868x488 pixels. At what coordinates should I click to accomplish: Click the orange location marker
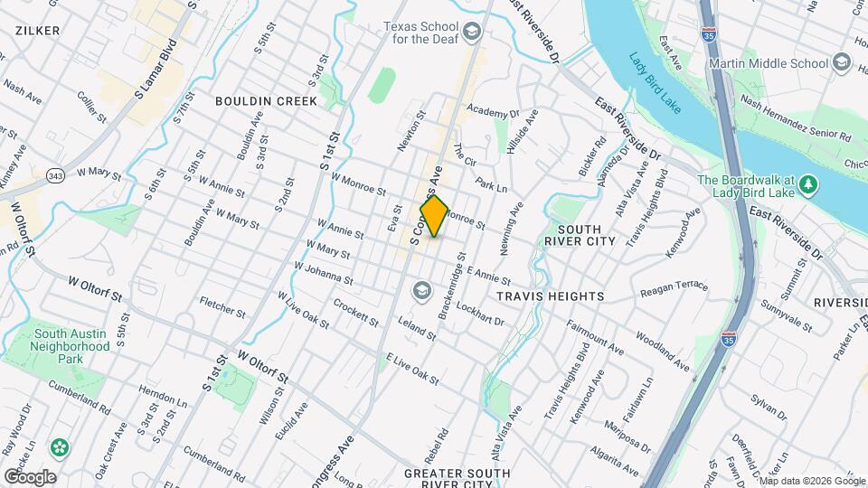(x=434, y=216)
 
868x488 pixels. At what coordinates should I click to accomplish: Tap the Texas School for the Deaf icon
(x=471, y=33)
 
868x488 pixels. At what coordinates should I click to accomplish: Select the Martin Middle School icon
(x=843, y=62)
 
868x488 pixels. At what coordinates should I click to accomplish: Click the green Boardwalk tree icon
(x=810, y=185)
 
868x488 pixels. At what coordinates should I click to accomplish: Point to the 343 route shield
(x=57, y=174)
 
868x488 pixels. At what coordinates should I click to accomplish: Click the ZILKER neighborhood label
(x=37, y=30)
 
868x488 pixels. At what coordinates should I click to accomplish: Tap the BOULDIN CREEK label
(x=267, y=101)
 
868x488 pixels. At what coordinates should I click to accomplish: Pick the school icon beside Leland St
(x=420, y=290)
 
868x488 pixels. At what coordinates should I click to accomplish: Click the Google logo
(x=30, y=476)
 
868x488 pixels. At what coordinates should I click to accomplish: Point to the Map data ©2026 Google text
(x=812, y=481)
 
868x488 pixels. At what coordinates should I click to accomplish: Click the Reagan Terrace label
(x=674, y=286)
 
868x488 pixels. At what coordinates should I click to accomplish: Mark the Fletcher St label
(x=222, y=307)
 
